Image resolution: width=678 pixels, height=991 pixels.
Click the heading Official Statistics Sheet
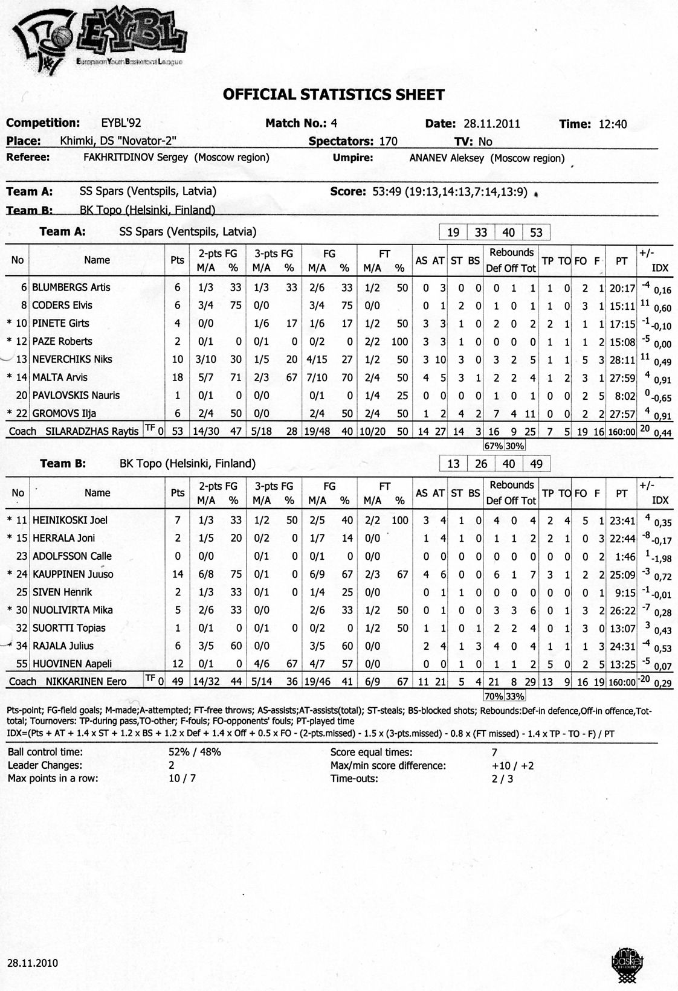tap(334, 95)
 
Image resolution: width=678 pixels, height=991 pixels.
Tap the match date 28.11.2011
tap(492, 124)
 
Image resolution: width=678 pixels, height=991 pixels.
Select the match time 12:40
tap(612, 124)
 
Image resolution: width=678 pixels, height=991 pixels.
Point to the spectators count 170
tap(388, 141)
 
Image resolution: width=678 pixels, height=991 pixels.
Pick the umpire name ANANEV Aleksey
tap(448, 158)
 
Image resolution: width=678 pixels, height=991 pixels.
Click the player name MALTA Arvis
tap(59, 377)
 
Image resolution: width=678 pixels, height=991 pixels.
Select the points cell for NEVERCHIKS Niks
tap(177, 359)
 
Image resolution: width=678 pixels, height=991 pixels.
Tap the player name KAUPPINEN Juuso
tap(73, 574)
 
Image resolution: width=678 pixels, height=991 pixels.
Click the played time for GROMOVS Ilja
tap(622, 414)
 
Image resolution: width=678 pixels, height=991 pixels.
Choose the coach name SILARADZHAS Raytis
tap(92, 432)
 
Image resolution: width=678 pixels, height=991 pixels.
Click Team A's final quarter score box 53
tap(536, 233)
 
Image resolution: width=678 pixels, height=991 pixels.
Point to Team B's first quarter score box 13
tap(453, 464)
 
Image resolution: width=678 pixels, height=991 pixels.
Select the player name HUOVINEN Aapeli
tap(72, 664)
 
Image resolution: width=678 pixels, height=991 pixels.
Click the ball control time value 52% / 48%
tap(195, 752)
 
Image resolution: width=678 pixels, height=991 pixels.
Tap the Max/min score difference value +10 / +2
tap(513, 766)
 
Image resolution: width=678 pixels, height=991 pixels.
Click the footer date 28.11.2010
tap(33, 963)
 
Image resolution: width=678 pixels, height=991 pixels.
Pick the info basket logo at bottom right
tap(628, 962)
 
